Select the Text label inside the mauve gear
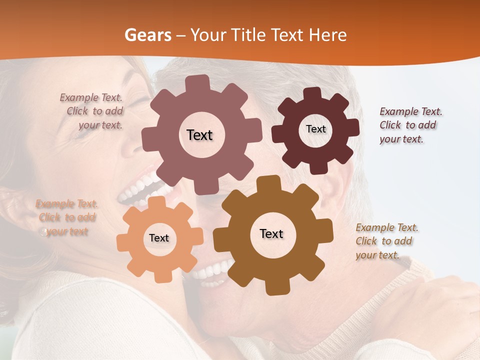pos(199,135)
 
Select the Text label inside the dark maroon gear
pos(315,129)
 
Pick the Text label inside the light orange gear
pos(159,238)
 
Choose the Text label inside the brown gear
pos(271,234)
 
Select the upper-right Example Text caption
pos(410,125)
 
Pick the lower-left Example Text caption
pos(66,217)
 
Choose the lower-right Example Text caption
pos(386,241)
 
